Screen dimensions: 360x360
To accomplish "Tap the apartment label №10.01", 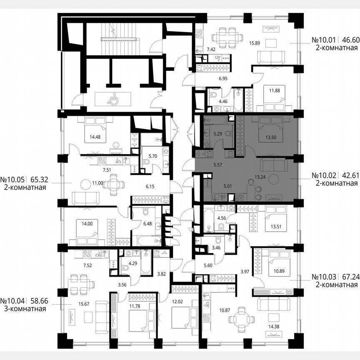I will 325,41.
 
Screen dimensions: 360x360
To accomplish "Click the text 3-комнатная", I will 23,309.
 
